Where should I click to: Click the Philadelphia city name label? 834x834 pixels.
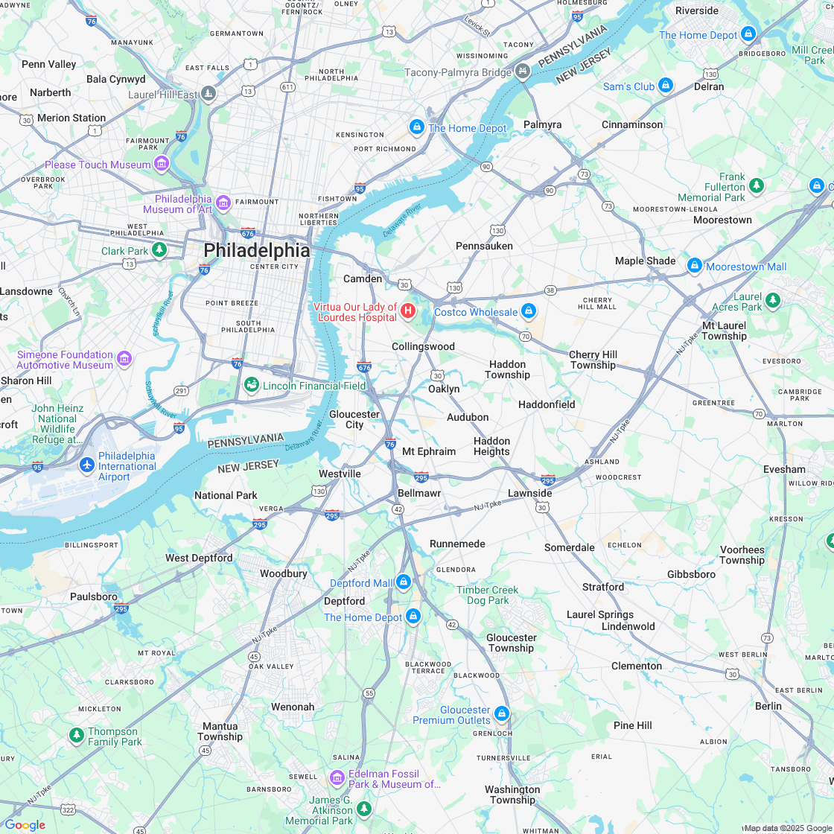pos(256,250)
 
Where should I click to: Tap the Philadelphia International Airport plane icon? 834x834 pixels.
pos(87,465)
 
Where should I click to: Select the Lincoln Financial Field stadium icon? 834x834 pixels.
pos(252,385)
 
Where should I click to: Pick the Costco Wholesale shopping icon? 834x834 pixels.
pos(529,311)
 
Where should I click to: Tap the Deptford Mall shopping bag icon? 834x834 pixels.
pos(404,582)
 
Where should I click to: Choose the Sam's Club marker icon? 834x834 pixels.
pos(666,86)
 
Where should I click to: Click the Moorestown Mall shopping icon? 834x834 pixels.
pos(695,265)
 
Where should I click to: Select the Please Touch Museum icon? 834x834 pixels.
pos(162,164)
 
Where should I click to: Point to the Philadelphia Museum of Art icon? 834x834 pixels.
pos(223,203)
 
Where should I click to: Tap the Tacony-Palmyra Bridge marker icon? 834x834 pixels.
pos(523,71)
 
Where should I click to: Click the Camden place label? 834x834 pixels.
pos(363,278)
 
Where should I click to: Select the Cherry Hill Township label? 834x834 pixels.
pos(593,360)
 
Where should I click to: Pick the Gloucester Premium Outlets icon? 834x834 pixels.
pos(502,714)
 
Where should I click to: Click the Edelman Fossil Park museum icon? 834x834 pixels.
pos(337,778)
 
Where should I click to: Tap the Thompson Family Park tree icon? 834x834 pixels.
pos(76,736)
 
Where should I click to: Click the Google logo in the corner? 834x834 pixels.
pos(25,824)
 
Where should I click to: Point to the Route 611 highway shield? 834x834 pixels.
pos(287,87)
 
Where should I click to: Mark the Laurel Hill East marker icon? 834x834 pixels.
pos(209,94)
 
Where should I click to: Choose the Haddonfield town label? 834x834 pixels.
pos(547,404)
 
